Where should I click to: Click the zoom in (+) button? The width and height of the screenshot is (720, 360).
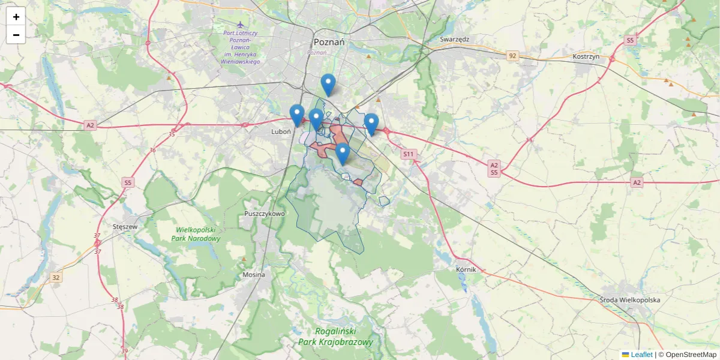tap(16, 17)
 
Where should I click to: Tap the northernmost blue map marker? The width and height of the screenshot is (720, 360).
tap(328, 85)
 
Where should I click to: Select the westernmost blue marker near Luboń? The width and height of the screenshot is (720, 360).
tap(296, 115)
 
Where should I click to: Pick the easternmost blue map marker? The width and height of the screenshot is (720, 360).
tap(371, 124)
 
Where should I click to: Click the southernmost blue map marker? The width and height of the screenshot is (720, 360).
tap(342, 154)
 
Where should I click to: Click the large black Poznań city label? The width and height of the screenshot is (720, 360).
tap(329, 42)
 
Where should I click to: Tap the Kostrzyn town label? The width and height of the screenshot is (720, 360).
tap(587, 56)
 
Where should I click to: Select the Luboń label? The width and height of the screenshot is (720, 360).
tap(281, 131)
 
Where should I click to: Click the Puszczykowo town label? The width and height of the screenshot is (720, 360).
tap(265, 214)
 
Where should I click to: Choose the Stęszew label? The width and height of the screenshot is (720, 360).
tap(125, 227)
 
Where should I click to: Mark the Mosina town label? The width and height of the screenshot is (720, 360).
tap(253, 275)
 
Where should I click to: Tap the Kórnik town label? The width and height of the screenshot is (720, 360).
tap(466, 269)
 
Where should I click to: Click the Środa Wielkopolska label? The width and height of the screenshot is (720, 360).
tap(630, 299)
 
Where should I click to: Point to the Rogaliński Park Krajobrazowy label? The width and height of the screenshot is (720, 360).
tap(336, 337)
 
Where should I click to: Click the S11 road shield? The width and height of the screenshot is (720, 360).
tap(409, 154)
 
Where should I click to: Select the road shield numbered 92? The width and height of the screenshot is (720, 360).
tap(512, 56)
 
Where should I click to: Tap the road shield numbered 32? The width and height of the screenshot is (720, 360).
tap(56, 277)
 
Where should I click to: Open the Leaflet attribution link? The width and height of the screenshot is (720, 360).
tap(641, 355)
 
